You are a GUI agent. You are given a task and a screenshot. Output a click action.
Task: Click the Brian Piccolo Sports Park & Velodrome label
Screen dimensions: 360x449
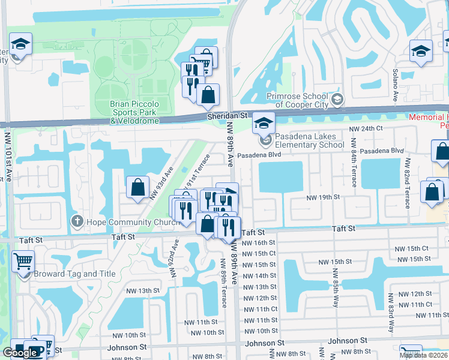[x=134, y=112]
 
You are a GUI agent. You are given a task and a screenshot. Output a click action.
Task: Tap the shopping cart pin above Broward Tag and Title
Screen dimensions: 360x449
[x=23, y=261]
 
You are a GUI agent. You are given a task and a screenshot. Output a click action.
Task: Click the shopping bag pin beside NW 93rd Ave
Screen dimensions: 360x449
[x=138, y=187]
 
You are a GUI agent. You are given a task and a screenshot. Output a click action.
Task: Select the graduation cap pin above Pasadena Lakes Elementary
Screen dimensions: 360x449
[x=263, y=123]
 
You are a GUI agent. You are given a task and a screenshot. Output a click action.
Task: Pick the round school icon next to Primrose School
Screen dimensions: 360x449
[x=337, y=99]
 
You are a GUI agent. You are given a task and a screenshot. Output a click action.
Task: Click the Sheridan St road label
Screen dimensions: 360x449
[x=227, y=115]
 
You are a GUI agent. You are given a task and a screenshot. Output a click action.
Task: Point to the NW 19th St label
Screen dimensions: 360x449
[x=323, y=197]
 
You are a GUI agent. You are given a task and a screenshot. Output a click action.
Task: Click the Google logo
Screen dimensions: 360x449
[x=20, y=352]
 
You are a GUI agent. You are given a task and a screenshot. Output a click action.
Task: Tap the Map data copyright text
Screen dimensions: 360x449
[x=423, y=355]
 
